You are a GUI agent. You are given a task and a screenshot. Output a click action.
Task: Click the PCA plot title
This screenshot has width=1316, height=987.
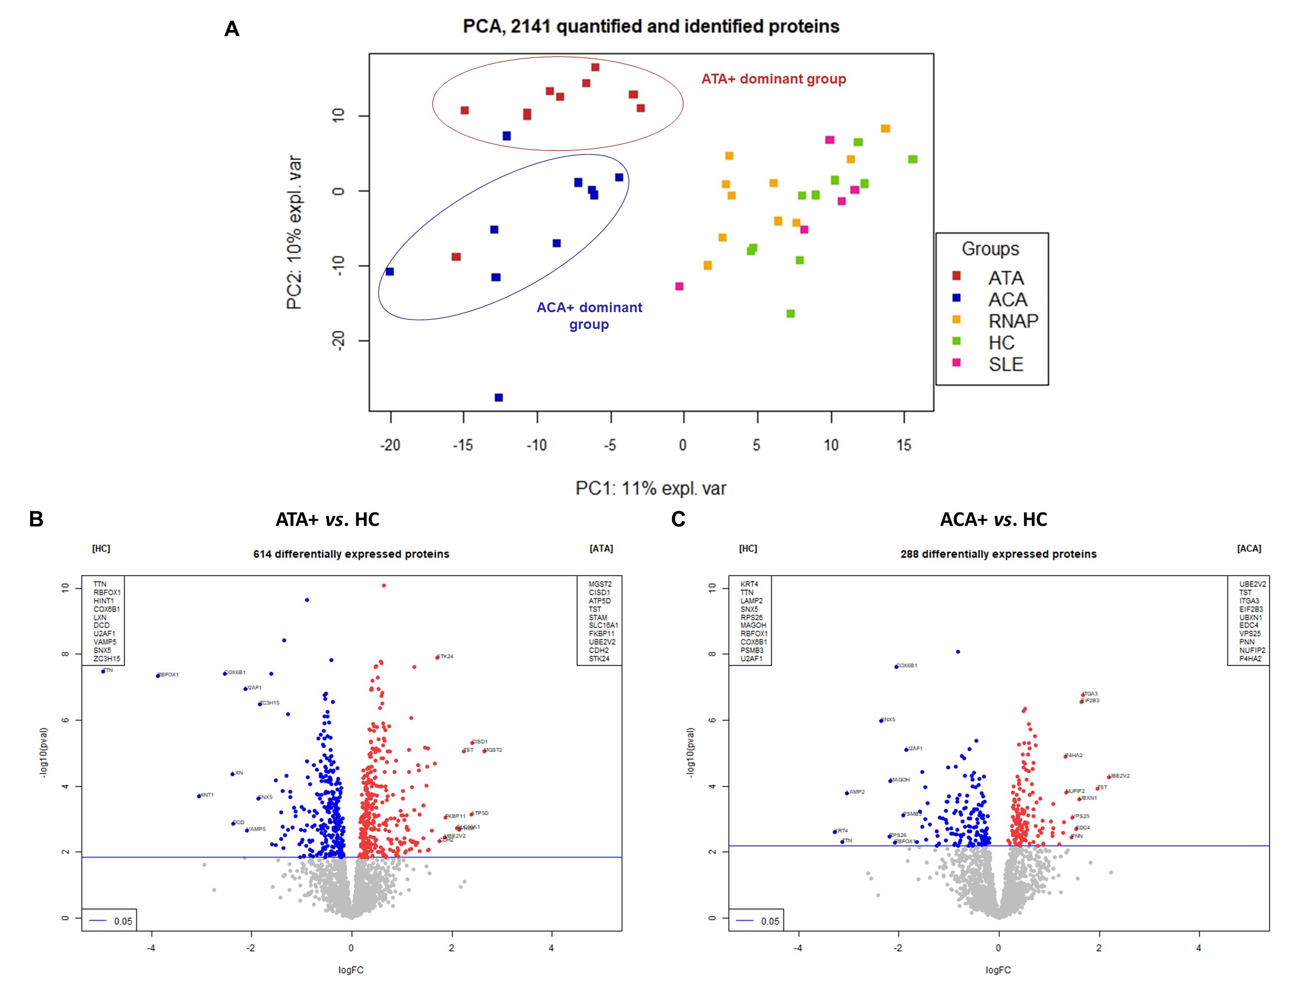click(x=650, y=27)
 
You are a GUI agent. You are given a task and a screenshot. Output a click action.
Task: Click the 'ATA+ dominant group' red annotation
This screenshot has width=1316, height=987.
click(x=773, y=79)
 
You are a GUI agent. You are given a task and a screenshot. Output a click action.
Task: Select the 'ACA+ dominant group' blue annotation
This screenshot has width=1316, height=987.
click(x=589, y=315)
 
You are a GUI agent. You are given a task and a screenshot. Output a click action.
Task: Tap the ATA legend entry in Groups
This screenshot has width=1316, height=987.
click(x=1006, y=278)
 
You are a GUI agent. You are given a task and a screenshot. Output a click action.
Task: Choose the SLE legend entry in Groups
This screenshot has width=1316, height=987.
click(x=1006, y=364)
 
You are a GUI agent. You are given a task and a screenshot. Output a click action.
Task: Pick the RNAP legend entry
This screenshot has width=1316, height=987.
click(x=1013, y=321)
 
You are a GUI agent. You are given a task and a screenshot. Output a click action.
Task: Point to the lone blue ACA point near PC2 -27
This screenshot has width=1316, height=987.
click(x=498, y=397)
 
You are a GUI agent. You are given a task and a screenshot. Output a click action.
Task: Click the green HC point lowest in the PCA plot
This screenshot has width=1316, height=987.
click(x=790, y=313)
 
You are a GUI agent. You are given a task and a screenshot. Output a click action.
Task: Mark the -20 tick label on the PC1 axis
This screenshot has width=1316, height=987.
click(x=390, y=445)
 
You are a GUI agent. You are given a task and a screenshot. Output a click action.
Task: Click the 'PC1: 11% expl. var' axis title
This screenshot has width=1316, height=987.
click(x=650, y=489)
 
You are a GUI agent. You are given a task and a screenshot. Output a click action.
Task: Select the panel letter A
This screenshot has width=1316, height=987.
click(x=232, y=29)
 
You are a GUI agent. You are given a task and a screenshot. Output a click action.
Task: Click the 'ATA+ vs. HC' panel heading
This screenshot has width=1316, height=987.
click(x=327, y=519)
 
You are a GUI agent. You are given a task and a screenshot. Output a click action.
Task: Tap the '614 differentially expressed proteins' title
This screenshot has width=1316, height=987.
click(x=351, y=554)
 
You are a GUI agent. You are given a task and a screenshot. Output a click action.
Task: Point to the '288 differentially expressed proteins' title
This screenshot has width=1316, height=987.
click(x=997, y=554)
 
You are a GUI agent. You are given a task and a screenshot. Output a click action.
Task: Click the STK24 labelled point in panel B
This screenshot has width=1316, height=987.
click(x=438, y=657)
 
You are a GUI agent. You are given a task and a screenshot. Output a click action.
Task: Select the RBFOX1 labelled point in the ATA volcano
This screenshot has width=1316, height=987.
click(x=158, y=675)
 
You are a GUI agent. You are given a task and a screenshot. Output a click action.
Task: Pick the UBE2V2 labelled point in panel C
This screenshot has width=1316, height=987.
click(x=1108, y=776)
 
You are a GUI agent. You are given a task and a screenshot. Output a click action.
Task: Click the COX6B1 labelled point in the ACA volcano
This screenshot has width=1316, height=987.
click(x=896, y=666)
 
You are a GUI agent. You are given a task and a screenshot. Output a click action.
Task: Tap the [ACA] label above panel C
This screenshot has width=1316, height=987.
click(x=1248, y=548)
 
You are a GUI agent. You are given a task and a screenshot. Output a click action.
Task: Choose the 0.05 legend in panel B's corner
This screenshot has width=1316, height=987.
click(x=110, y=921)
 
